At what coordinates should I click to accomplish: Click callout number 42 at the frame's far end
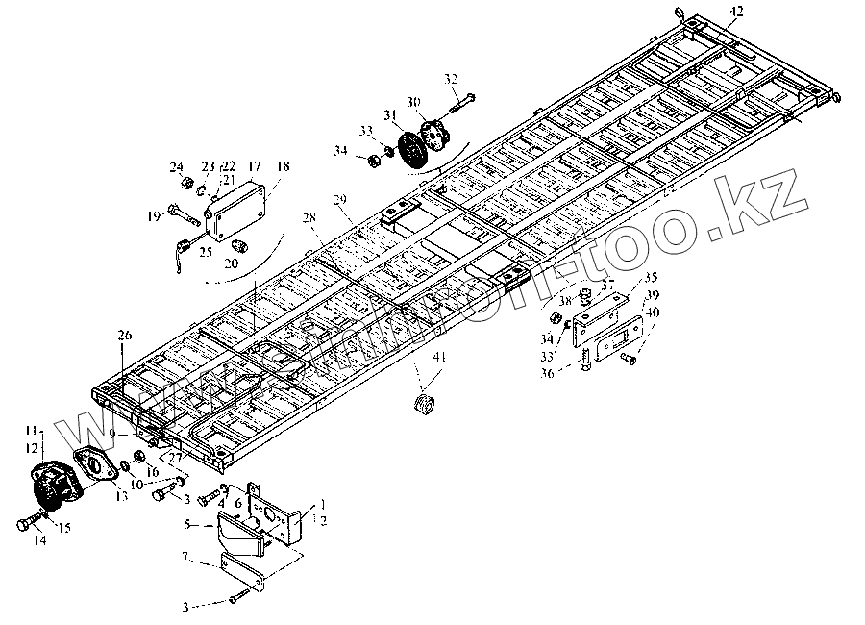coord(735,11)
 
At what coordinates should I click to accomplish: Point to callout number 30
coord(413,102)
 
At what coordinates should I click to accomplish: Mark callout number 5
coord(188,525)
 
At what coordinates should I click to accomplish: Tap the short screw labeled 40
coord(628,359)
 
